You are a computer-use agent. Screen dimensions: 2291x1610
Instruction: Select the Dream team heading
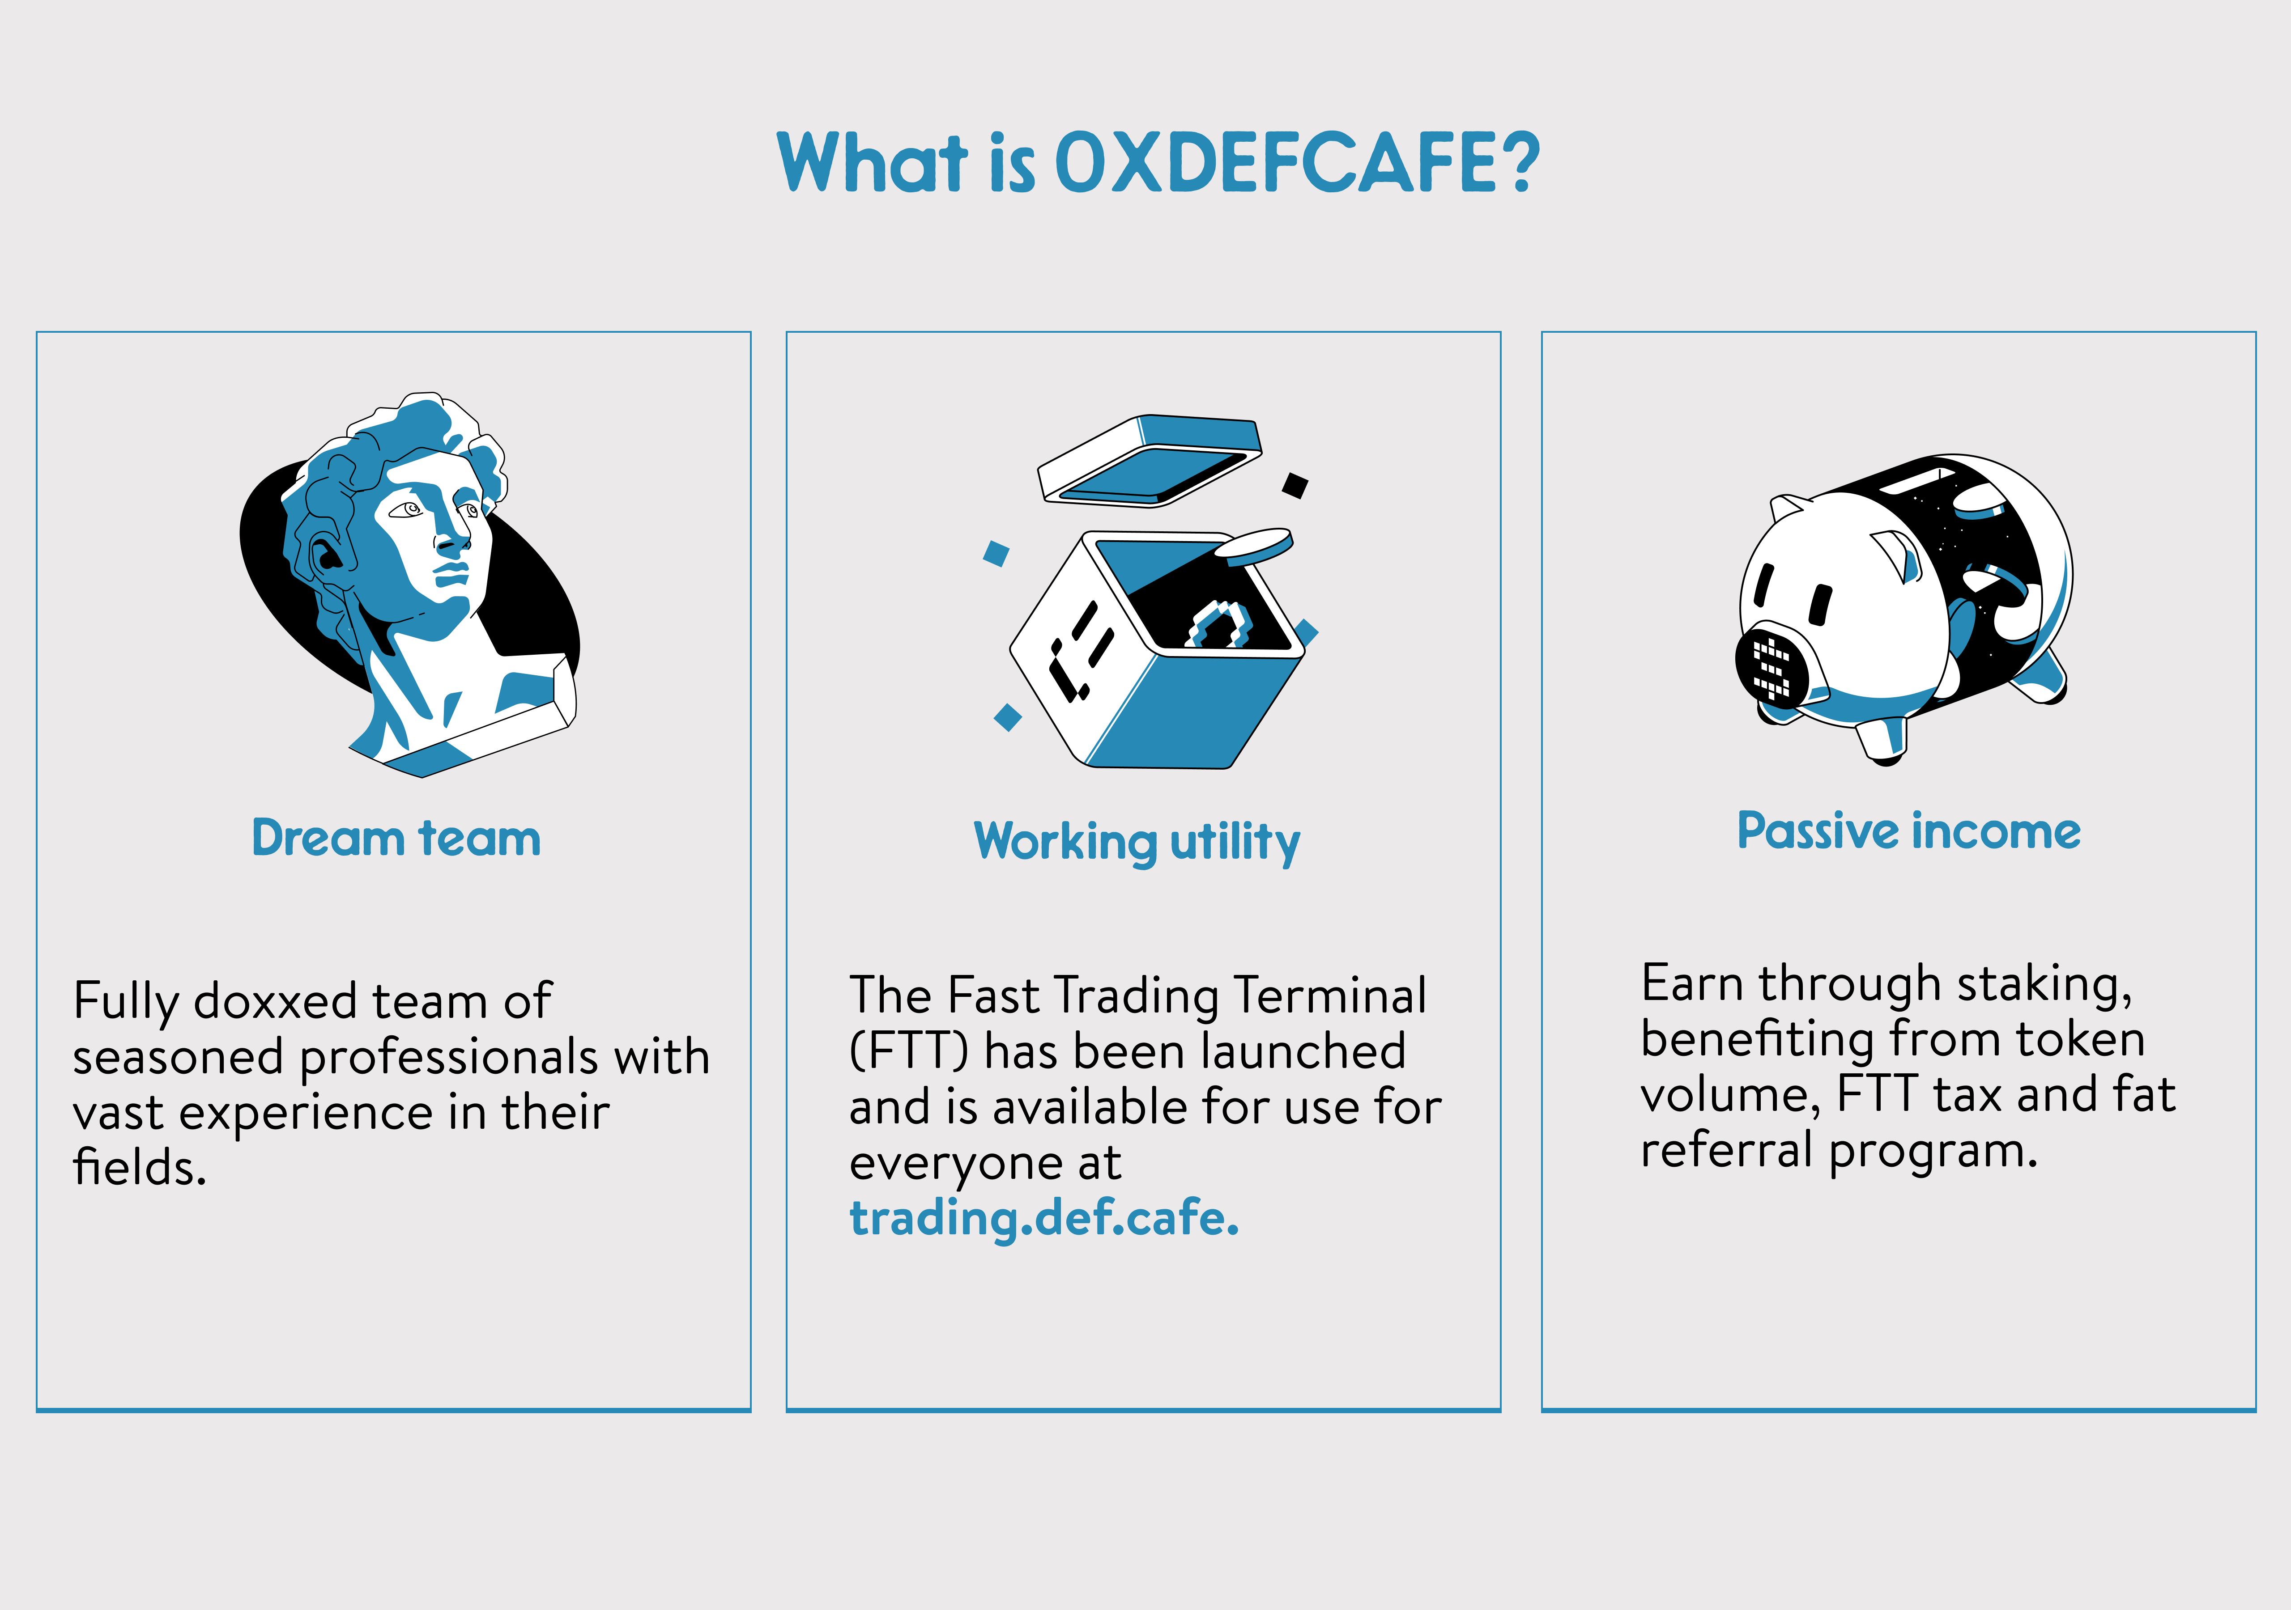click(396, 838)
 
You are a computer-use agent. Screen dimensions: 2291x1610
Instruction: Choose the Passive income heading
click(1909, 831)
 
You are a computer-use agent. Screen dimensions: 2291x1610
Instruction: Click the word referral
click(1726, 1150)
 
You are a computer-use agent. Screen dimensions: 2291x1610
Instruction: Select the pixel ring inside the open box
click(1219, 626)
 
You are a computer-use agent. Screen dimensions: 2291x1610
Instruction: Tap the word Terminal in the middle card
click(1330, 996)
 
